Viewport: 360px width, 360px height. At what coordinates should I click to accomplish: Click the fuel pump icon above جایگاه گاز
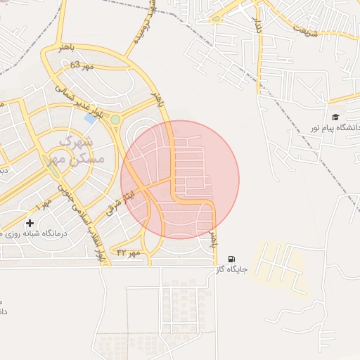[x=232, y=259]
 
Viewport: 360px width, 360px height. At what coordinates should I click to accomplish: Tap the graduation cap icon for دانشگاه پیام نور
[x=335, y=117]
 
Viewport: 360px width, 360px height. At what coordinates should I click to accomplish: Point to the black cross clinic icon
[x=30, y=223]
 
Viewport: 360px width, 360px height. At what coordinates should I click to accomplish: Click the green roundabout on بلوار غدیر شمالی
[x=115, y=120]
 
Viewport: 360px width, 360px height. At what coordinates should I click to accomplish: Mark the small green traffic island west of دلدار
[x=216, y=19]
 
